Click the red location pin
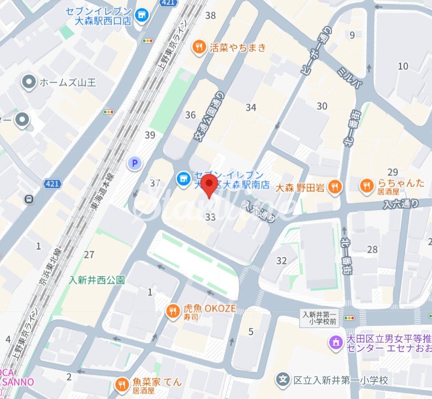209,185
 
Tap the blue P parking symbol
133,162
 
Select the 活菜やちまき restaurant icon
200,47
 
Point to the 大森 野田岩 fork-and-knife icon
335,188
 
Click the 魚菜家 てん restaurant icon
122,386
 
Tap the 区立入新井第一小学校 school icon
283,379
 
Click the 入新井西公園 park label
96,280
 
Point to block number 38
211,15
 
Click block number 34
251,107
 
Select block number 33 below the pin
211,217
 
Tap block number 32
281,261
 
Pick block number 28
372,250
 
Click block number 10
403,66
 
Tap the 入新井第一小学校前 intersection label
320,319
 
